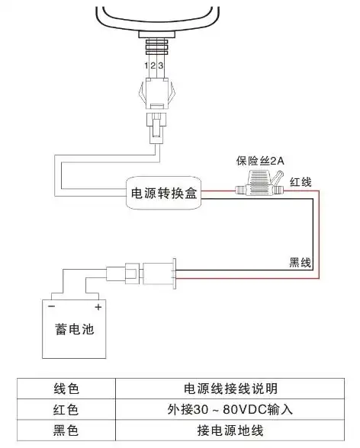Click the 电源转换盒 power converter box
click(x=163, y=194)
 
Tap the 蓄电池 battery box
click(x=74, y=329)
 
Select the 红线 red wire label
click(x=299, y=183)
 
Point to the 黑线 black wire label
click(x=300, y=262)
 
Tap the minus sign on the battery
click(x=51, y=307)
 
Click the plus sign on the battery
click(x=98, y=307)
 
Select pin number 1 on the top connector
click(x=146, y=67)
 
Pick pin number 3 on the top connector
click(x=161, y=67)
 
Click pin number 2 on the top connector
click(x=153, y=67)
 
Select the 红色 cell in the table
click(x=67, y=410)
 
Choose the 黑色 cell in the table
click(x=67, y=431)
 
